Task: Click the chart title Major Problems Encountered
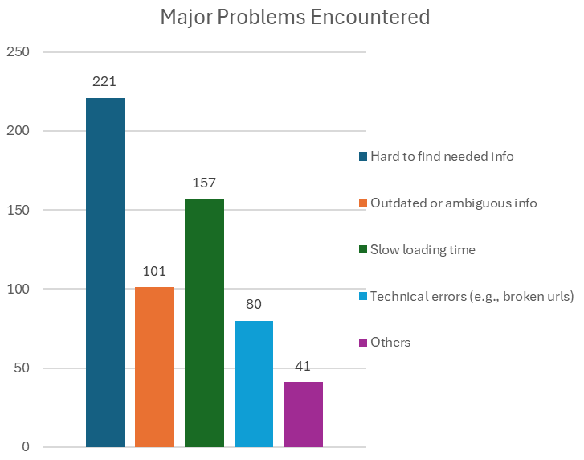[295, 17]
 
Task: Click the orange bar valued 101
[154, 367]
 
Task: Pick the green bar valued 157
[204, 322]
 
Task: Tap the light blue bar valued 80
[254, 384]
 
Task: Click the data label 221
[105, 81]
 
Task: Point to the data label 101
[154, 271]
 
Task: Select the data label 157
[204, 183]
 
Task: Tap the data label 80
[254, 305]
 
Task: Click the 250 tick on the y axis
[18, 52]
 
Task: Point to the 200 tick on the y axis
[18, 131]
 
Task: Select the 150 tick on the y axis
[18, 210]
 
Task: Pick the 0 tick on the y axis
[25, 447]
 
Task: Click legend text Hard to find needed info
[442, 157]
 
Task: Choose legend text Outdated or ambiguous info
[453, 203]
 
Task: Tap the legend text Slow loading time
[423, 249]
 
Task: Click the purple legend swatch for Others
[363, 343]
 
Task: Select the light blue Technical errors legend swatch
[363, 296]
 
